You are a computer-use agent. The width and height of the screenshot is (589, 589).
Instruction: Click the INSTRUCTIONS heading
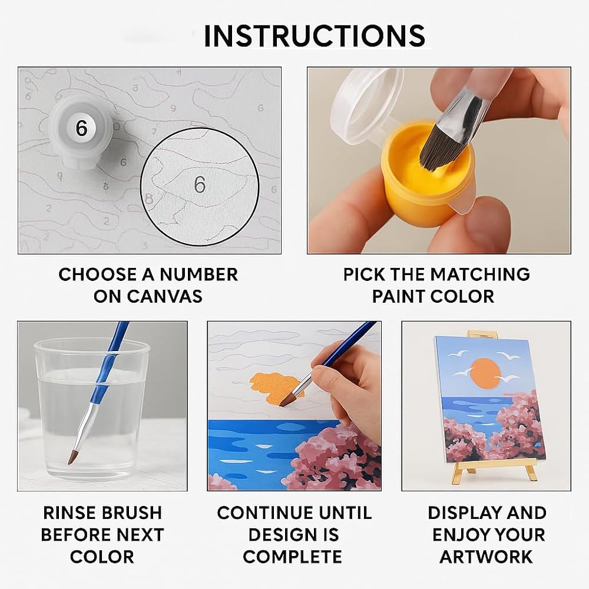[x=315, y=36]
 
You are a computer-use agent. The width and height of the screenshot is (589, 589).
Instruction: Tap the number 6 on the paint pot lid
[x=81, y=128]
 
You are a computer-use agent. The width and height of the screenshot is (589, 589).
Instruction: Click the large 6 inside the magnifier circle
[x=200, y=184]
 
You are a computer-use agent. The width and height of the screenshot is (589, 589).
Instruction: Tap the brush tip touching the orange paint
[x=288, y=401]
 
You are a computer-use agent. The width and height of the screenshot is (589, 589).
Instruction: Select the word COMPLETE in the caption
[x=293, y=557]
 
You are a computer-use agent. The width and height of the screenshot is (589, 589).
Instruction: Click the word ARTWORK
[x=487, y=557]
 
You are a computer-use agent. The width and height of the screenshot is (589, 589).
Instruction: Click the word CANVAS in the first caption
[x=164, y=296]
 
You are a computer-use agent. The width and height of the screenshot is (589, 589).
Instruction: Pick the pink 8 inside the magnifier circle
[x=149, y=198]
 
